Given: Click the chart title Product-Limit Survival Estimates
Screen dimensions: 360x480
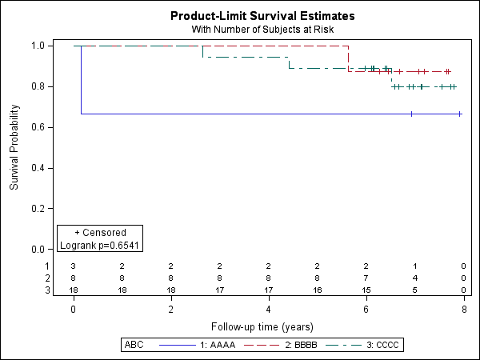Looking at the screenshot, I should tap(262, 16).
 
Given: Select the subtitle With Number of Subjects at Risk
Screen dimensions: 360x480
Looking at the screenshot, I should tap(262, 30).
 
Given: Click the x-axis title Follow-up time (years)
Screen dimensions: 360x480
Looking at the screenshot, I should tap(262, 326).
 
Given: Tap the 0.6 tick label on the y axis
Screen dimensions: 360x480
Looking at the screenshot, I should tap(37, 127).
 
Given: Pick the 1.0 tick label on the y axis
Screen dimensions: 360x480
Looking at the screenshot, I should tap(37, 46).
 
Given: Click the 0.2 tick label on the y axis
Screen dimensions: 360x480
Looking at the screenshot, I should tap(37, 209).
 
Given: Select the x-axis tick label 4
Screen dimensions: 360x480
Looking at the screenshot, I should tap(268, 309).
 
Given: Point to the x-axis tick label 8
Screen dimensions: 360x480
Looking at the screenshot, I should tap(464, 309).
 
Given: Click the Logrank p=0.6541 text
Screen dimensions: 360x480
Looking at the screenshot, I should tap(100, 245).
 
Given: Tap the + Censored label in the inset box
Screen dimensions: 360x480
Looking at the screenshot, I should tap(100, 233).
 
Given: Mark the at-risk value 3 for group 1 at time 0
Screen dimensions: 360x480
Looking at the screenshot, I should tap(73, 266).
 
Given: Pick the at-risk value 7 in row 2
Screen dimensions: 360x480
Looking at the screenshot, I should tap(366, 278).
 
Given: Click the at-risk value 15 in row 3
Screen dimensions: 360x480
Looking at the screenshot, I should tap(366, 290).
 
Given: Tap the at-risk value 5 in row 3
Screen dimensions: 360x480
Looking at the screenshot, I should tap(415, 290).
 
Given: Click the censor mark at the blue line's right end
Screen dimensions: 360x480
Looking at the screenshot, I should tap(460, 114).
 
